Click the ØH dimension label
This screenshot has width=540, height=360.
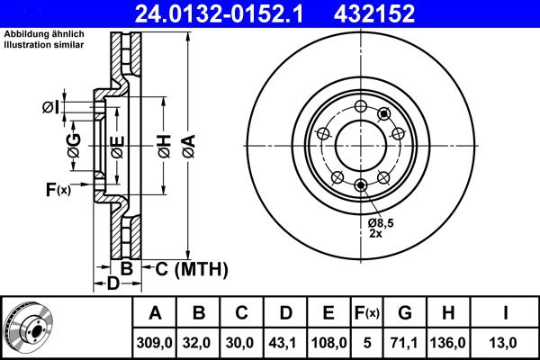pos(163,145)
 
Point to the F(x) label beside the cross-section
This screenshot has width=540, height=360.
pos(57,189)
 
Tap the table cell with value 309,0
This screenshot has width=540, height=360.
pos(156,343)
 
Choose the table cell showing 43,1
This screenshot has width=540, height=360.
pos(285,343)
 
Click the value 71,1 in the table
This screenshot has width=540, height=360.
pos(405,343)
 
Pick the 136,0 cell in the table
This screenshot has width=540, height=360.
pos(449,343)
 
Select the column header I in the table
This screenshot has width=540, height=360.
pos(507,313)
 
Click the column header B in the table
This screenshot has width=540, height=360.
pos(199,313)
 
